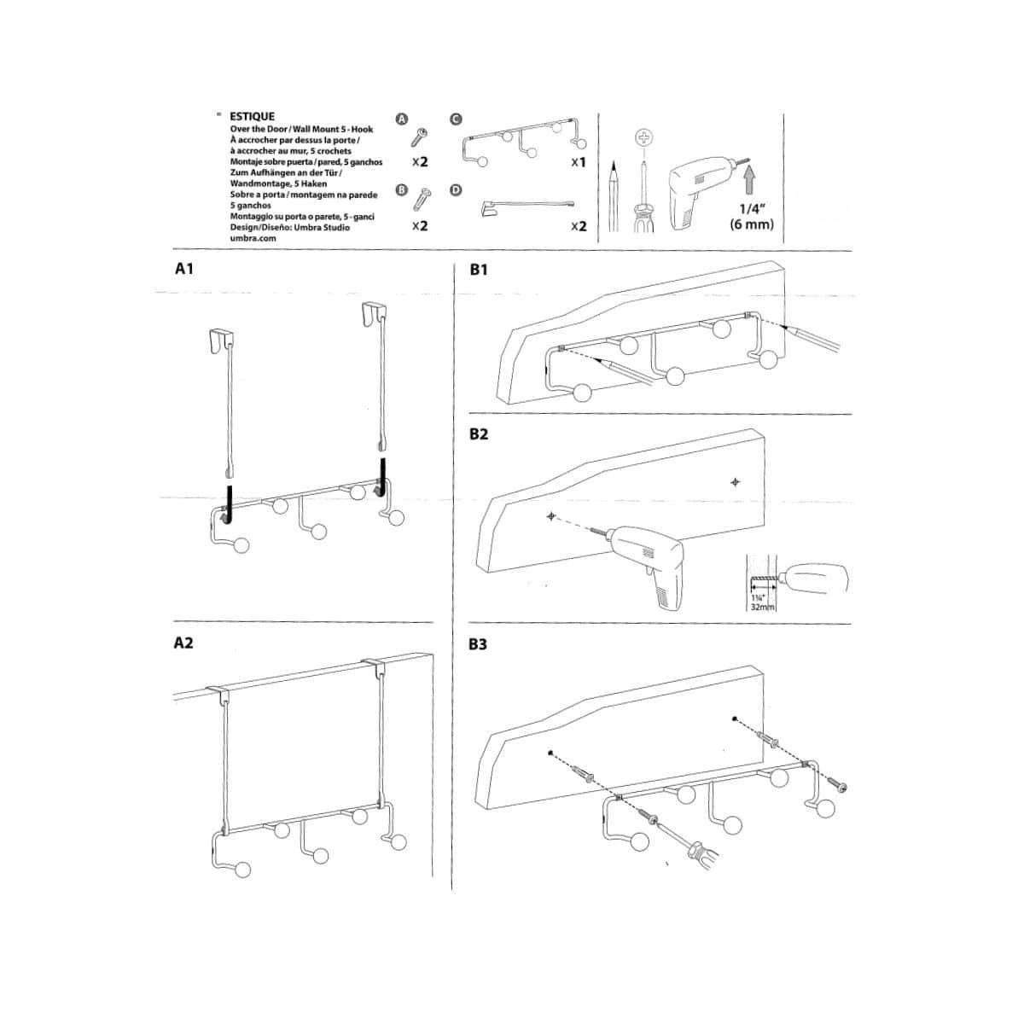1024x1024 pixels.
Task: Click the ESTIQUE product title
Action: (252, 116)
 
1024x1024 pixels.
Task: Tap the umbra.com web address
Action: (253, 238)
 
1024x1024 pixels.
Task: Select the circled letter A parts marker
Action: (402, 119)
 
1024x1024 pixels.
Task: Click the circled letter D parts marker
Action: (456, 190)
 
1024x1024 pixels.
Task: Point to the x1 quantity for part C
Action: (579, 162)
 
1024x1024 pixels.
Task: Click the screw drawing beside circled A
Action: (419, 137)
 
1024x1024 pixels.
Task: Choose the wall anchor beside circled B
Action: (422, 200)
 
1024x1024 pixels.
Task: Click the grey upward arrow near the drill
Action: (749, 179)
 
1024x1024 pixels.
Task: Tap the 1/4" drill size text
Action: (752, 208)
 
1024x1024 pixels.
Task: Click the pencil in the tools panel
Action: (614, 195)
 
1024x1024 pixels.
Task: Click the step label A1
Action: (183, 269)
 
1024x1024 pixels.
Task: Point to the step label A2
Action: (183, 643)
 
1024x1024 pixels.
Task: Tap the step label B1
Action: (479, 270)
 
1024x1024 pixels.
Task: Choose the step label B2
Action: (478, 434)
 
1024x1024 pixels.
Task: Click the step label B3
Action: (478, 644)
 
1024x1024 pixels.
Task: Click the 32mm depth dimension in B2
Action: (763, 607)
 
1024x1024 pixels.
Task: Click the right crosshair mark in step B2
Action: (735, 482)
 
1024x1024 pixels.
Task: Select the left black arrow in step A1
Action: (229, 505)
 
